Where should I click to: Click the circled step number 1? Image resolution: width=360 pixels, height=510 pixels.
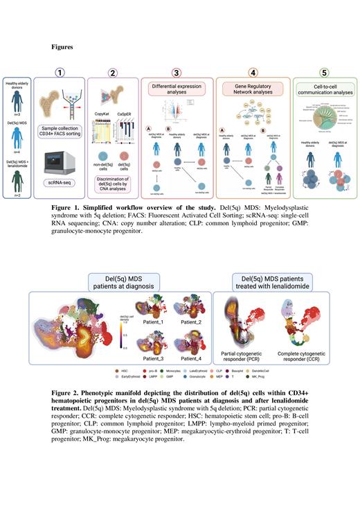[x=60, y=71]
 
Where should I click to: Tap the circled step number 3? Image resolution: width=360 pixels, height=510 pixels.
[x=177, y=71]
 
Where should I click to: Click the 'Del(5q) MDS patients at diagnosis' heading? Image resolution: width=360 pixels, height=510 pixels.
[x=133, y=283]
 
